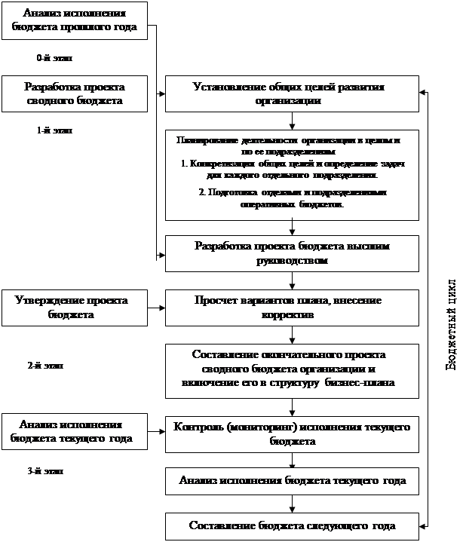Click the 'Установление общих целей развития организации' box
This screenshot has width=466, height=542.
coord(292,93)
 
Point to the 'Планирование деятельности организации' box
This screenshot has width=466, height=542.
coord(292,175)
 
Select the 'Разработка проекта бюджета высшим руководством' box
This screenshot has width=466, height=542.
coord(292,253)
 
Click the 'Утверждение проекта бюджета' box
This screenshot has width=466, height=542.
coord(72,308)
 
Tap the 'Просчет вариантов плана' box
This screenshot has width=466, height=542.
coord(292,308)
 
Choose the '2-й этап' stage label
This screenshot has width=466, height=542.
coord(56,367)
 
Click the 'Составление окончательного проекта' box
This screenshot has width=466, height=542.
coord(292,369)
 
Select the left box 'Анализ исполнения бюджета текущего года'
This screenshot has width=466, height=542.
coord(72,431)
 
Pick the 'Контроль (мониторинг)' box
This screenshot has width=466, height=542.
coord(292,434)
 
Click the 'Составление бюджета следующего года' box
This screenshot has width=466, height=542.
coord(292,525)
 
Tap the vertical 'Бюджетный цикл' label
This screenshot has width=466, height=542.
coord(450,323)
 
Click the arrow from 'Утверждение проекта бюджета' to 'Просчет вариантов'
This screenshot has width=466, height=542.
coord(155,308)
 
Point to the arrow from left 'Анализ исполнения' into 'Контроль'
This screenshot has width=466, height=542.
coord(155,431)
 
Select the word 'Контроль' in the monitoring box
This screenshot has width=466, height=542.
coord(198,427)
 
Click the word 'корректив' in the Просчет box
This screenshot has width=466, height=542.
coord(291,315)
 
